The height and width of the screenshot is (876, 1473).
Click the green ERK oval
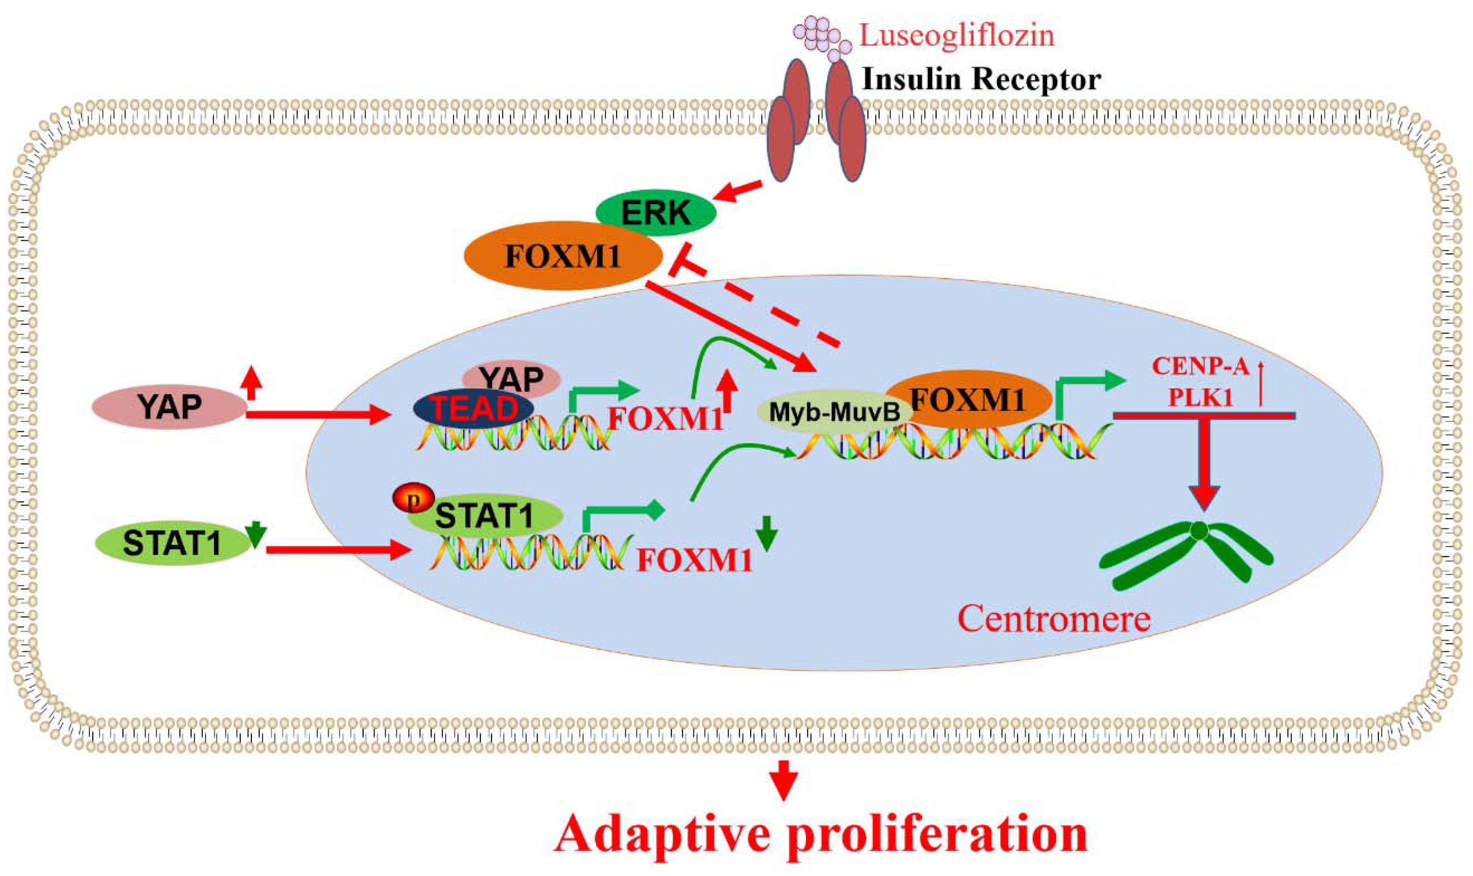click(x=655, y=213)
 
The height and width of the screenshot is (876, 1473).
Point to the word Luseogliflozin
click(x=956, y=36)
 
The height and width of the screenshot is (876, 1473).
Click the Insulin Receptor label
click(x=981, y=79)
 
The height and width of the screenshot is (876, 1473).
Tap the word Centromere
click(x=1054, y=619)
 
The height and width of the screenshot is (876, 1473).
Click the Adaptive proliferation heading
click(x=821, y=835)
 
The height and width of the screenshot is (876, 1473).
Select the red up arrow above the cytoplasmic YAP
click(x=252, y=382)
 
